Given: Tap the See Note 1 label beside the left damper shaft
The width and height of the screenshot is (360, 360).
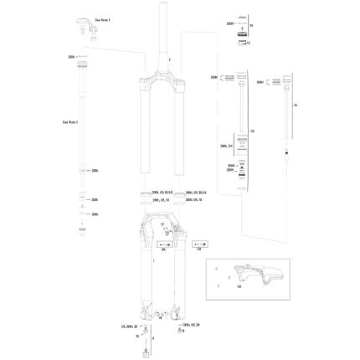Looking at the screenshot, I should click(59, 120).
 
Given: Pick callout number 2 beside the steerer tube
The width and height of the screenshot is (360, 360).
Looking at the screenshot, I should click(169, 61).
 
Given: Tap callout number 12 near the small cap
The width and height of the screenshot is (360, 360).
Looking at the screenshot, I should click(250, 42).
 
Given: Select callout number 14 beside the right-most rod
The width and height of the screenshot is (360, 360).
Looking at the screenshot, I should click(296, 105).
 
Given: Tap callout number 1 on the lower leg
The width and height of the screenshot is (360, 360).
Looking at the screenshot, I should click(153, 262).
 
